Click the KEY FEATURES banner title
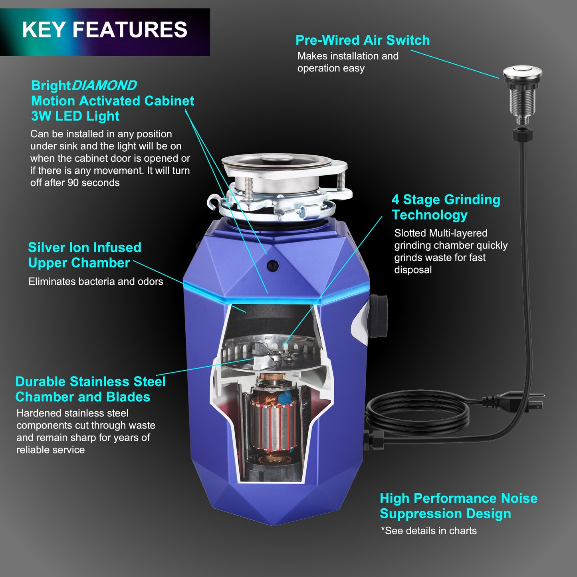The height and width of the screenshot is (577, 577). (105, 30)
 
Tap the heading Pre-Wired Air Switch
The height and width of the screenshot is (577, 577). (363, 40)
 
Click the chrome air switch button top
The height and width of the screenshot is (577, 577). (522, 73)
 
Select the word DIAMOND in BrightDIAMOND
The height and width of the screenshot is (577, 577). (104, 85)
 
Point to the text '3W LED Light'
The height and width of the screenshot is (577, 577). (75, 116)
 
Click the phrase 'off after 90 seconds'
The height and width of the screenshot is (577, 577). (75, 183)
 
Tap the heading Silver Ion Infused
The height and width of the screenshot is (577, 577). (84, 248)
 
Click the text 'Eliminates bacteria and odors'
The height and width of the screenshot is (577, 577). (95, 282)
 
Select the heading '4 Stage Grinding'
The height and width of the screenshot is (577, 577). (446, 200)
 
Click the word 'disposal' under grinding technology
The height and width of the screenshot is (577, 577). (413, 270)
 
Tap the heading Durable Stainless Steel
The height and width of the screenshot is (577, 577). (90, 382)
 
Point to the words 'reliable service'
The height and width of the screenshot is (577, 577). (50, 450)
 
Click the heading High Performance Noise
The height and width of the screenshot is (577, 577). (458, 498)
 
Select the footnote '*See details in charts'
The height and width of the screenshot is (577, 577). (428, 531)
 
